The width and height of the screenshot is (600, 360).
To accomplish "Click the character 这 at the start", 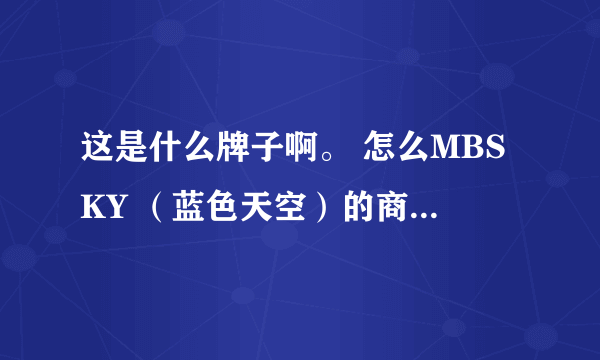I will (x=95, y=158).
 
